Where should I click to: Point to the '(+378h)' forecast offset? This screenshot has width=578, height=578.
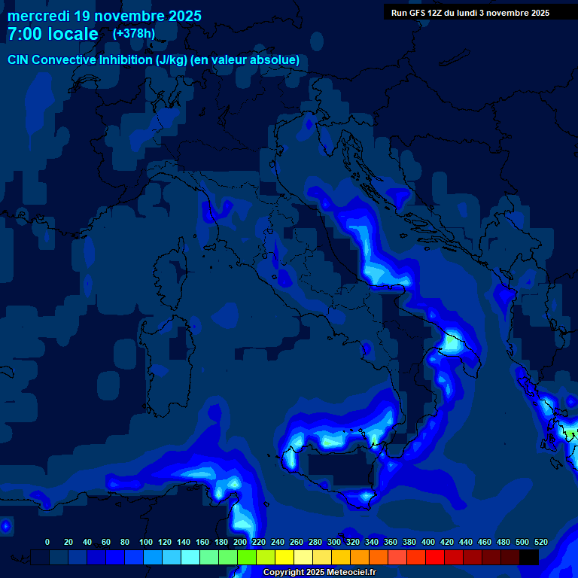135,33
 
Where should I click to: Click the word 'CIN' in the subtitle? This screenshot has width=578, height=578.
18,60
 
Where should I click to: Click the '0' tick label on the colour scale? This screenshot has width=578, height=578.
47,542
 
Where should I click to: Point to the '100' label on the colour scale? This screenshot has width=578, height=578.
146,542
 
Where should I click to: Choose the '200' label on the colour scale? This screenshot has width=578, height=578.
240,542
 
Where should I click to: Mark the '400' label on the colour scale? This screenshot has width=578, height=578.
428,542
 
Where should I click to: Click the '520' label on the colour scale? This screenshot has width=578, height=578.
541,542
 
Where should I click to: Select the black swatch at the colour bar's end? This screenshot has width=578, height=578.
529,557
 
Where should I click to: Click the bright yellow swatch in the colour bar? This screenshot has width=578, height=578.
284,557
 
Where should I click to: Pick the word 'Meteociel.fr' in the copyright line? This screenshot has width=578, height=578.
349,572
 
